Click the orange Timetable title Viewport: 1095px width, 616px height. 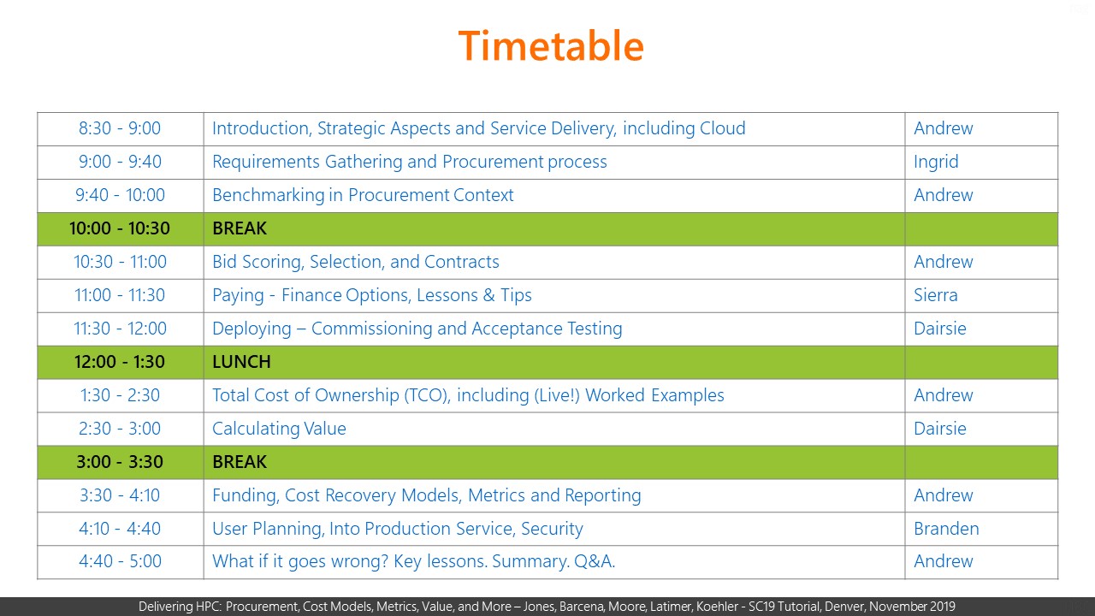point(551,45)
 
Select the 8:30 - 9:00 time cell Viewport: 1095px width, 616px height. point(120,128)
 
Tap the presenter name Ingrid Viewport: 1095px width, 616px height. point(936,163)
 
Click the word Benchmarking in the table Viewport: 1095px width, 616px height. point(268,196)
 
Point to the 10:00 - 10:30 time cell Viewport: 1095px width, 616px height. point(120,228)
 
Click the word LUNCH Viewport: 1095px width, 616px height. point(241,362)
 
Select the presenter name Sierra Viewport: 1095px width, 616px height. point(936,295)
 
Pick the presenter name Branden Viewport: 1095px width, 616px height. point(946,529)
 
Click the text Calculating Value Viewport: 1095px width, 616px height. point(279,429)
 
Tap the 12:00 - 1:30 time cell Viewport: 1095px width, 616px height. point(120,362)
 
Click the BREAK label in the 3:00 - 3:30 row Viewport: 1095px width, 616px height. point(240,462)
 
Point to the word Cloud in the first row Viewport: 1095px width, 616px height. point(723,128)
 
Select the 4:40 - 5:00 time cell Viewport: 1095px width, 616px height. point(120,562)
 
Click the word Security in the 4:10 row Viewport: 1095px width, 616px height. point(552,530)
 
